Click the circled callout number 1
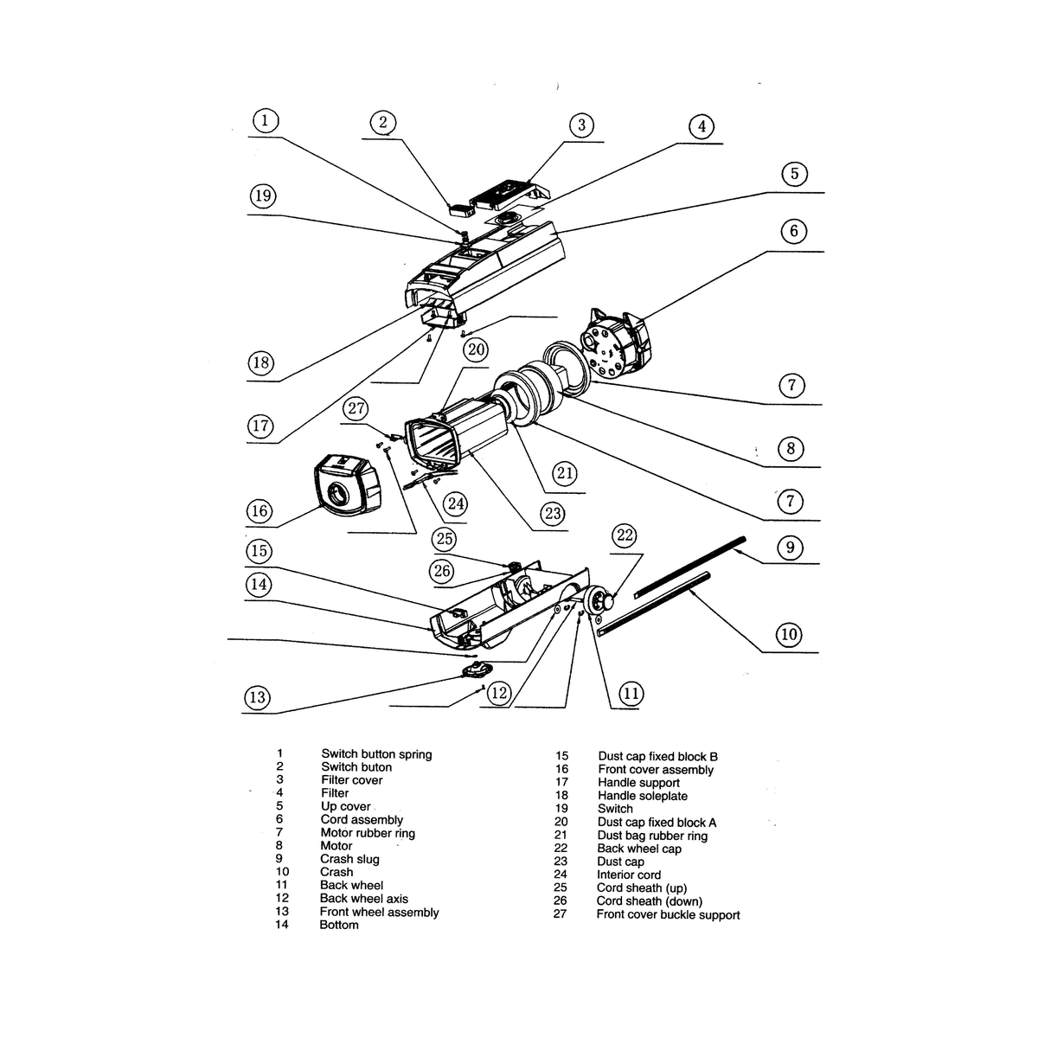tap(265, 120)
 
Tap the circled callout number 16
tap(259, 510)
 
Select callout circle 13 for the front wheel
tap(257, 697)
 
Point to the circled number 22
tap(625, 535)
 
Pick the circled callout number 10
tap(789, 635)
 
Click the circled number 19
tap(263, 196)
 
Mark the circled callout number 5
tap(794, 174)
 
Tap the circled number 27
tap(357, 408)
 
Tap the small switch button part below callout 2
tap(458, 207)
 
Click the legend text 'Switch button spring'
tap(376, 754)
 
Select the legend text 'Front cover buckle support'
tap(668, 914)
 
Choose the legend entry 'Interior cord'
tap(629, 875)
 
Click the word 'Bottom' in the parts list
tap(339, 925)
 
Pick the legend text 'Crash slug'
tap(349, 859)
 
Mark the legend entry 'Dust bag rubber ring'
tap(652, 836)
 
